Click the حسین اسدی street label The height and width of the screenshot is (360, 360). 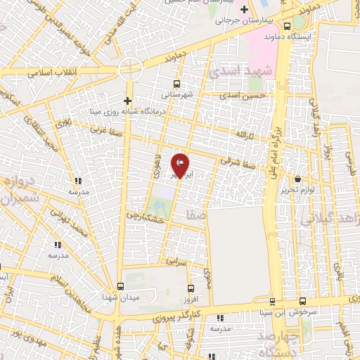[x=243, y=95]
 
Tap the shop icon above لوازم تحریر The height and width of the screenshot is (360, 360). [x=298, y=179]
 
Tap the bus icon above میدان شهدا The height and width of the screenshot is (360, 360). [x=121, y=286]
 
